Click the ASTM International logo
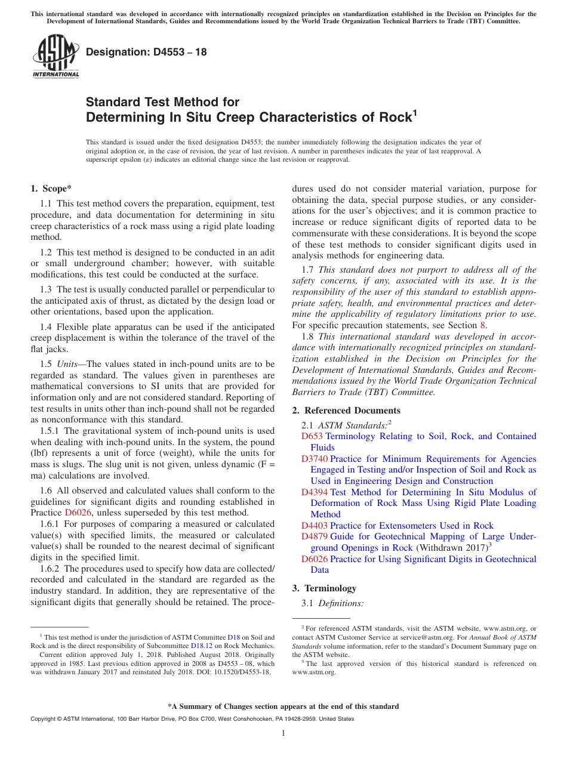[x=56, y=57]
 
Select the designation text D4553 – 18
[x=146, y=52]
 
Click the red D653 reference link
[x=312, y=437]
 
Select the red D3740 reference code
[x=315, y=459]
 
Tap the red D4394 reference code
[x=315, y=492]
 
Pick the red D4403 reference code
[x=315, y=526]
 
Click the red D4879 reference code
[x=315, y=537]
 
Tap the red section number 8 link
[x=483, y=325]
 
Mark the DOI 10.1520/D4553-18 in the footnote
[x=239, y=671]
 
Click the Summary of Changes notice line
[x=283, y=706]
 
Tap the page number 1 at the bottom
[x=283, y=733]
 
